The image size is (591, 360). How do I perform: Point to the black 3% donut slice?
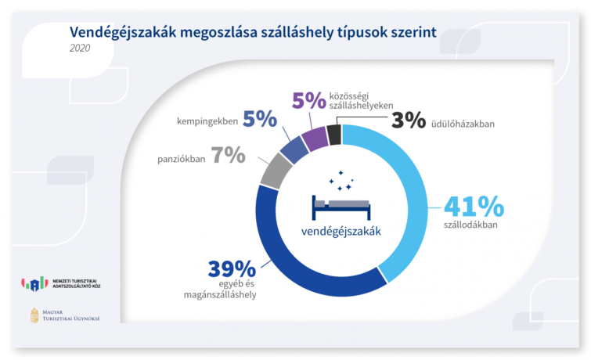click(333, 135)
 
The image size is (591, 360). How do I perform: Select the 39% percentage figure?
click(232, 268)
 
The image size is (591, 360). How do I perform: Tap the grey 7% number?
click(228, 155)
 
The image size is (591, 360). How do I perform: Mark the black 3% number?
click(408, 121)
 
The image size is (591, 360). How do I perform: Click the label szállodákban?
click(470, 226)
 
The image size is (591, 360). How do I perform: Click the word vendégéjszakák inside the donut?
click(341, 231)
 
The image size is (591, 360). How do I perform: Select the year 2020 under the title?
click(80, 49)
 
